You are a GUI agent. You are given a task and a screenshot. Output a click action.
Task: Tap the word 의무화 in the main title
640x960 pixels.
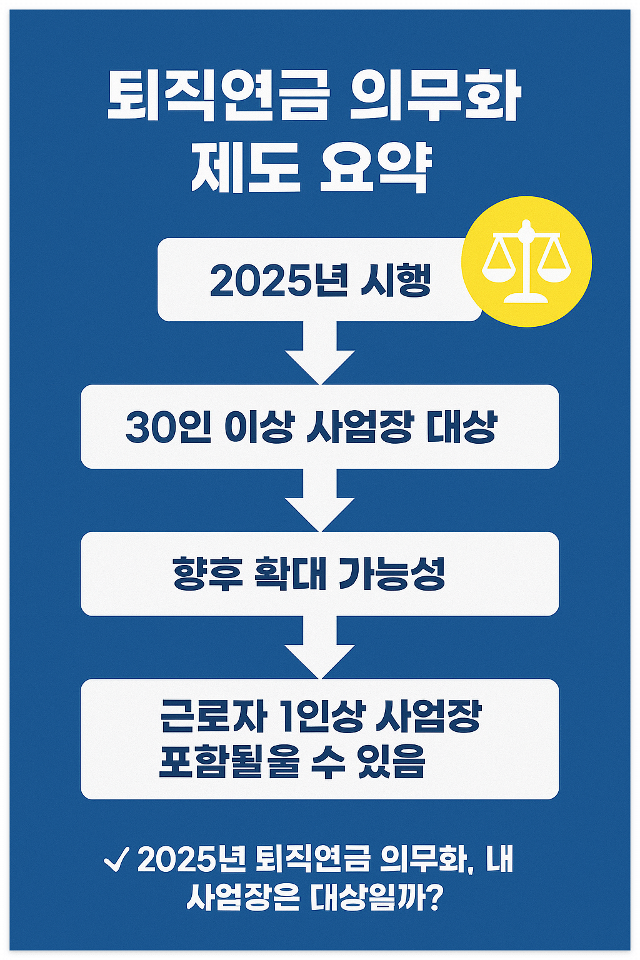[x=435, y=97]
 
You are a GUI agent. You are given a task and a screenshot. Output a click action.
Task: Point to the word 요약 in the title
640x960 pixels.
[x=376, y=169]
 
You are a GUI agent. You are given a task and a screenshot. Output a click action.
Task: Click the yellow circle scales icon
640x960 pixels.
[x=526, y=261]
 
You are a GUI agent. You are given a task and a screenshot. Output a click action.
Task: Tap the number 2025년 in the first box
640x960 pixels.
[x=279, y=281]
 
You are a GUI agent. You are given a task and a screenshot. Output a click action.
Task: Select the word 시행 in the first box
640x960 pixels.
[x=396, y=281]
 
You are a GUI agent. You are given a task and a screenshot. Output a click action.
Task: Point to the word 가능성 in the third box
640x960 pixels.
[x=392, y=574]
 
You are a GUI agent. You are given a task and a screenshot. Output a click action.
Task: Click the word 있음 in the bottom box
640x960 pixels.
[x=392, y=761]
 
